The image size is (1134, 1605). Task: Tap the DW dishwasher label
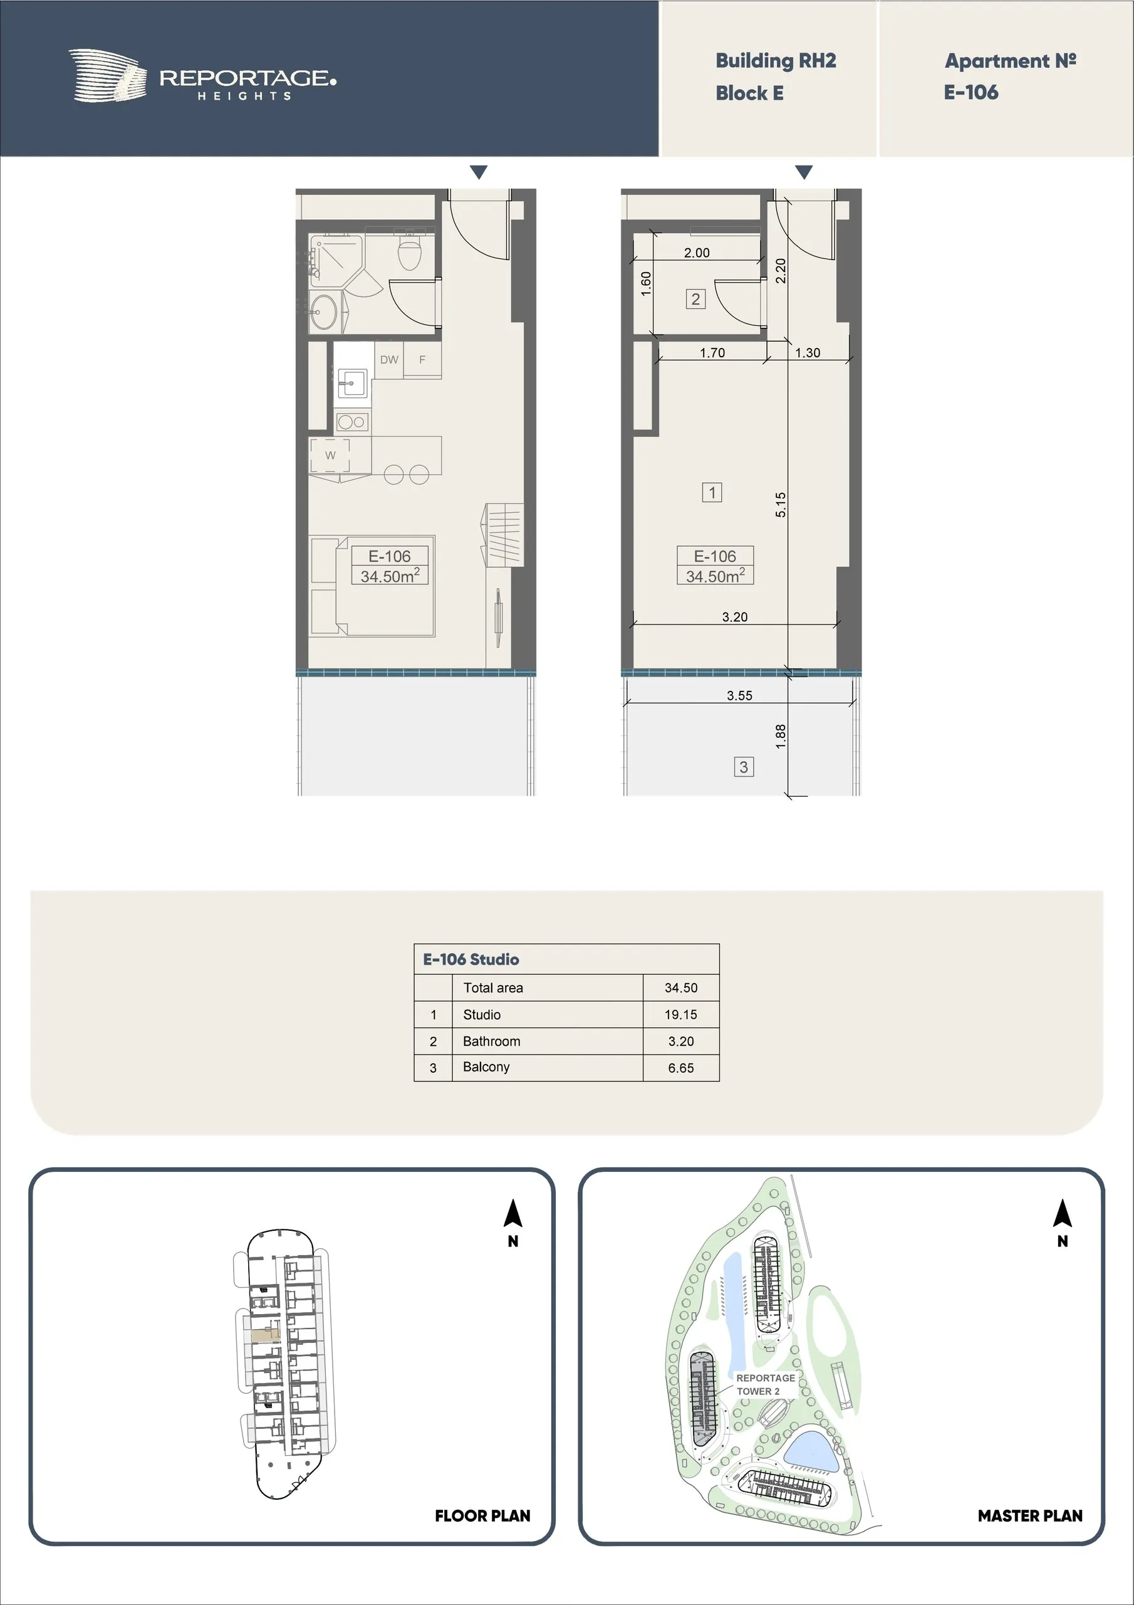(x=389, y=360)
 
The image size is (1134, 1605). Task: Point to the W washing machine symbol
(x=330, y=455)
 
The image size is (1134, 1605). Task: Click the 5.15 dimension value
(x=781, y=505)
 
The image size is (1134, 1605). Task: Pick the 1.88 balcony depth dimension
(x=781, y=737)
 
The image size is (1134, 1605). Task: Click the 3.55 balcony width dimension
(x=739, y=695)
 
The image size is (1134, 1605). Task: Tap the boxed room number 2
(x=695, y=299)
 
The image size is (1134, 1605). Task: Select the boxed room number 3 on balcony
(x=744, y=767)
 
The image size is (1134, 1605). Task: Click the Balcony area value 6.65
(x=680, y=1068)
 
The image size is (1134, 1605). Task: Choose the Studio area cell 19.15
(x=680, y=1014)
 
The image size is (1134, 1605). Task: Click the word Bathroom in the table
(x=491, y=1041)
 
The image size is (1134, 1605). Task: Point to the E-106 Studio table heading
(x=471, y=959)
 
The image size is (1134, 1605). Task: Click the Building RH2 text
(x=776, y=61)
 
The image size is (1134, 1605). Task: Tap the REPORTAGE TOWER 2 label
(x=765, y=1384)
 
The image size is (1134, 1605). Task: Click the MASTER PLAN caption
(x=1030, y=1515)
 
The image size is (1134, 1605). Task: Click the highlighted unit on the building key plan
(x=266, y=1335)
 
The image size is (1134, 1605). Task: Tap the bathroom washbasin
(x=323, y=311)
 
